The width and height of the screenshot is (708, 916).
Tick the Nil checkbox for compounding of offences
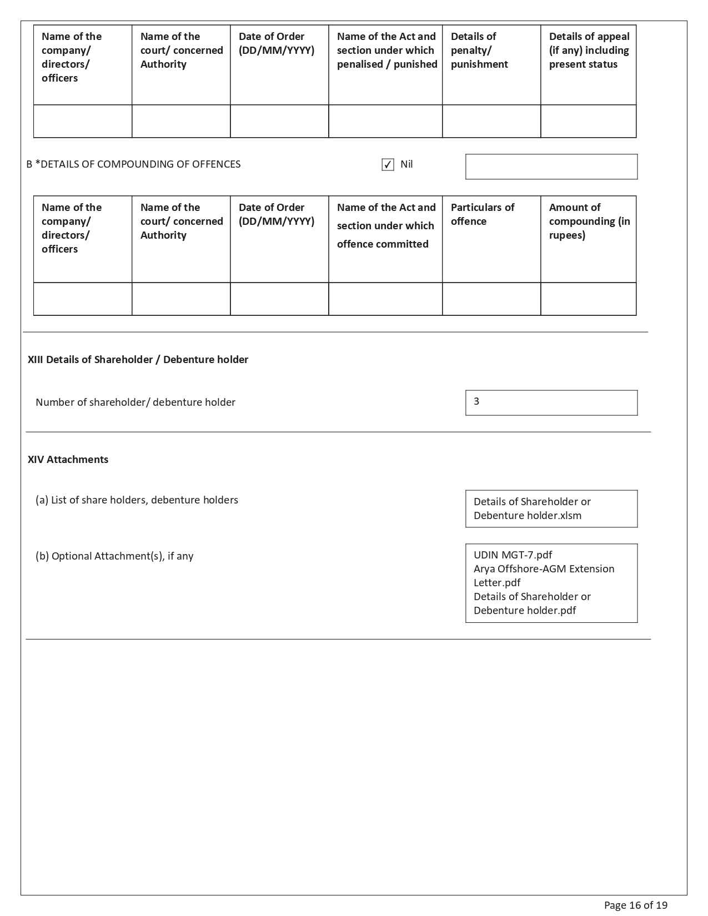pos(388,165)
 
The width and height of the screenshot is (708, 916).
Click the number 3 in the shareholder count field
pos(476,401)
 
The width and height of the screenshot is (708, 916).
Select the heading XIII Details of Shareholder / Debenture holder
pos(138,360)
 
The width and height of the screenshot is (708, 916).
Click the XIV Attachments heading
pos(68,460)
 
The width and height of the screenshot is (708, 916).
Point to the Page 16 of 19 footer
pos(635,905)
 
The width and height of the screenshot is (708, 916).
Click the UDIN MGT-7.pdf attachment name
pos(513,555)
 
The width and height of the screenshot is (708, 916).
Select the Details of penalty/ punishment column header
pos(479,51)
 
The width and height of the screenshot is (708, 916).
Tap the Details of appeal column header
pos(589,51)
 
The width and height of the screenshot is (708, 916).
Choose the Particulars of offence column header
pos(482,214)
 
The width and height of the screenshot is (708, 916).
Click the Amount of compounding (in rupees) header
pos(589,221)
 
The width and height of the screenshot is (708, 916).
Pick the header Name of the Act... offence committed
pos(385,225)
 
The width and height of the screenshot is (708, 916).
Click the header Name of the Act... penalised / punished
pos(386,51)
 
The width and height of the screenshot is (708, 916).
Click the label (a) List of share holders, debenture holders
pos(137,500)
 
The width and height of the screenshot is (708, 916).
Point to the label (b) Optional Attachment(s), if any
pos(114,556)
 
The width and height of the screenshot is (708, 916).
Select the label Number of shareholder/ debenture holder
pos(135,402)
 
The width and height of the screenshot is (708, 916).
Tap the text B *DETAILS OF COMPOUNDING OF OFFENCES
pos(133,164)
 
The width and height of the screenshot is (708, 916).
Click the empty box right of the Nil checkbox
pos(551,167)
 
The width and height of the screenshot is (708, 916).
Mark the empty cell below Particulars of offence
pos(491,299)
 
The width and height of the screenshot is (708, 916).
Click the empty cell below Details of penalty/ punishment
pos(491,121)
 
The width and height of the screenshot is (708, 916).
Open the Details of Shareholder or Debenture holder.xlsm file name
pos(531,509)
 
